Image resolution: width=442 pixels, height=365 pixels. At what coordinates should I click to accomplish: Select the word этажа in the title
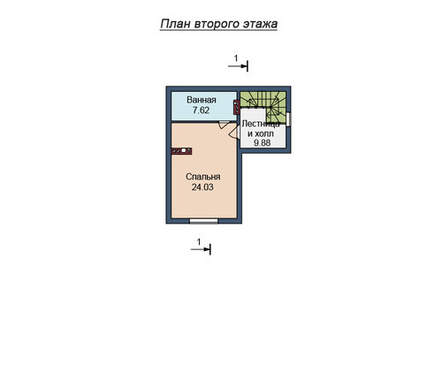260,24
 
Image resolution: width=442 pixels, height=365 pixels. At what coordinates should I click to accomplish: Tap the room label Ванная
202,100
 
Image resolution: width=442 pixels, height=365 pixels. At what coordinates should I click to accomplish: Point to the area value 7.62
201,110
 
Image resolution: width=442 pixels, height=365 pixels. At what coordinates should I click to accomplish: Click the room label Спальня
203,177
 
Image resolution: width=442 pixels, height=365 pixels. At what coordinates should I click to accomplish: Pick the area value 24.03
202,187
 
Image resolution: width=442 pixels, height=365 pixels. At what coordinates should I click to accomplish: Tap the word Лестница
261,124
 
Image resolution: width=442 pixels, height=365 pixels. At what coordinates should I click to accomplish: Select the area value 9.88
263,143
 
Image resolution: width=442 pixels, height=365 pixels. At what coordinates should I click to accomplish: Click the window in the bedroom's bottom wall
203,221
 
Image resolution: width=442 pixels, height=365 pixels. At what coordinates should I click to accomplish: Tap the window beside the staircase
288,119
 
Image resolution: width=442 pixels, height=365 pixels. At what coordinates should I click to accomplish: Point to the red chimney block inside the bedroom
182,151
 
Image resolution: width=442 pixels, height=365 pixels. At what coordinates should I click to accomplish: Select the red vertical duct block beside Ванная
237,107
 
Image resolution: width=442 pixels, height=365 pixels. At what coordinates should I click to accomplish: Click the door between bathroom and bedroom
224,125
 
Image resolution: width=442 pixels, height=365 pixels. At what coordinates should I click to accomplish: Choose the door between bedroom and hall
234,131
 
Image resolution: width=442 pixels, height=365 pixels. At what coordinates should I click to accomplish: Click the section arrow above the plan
238,66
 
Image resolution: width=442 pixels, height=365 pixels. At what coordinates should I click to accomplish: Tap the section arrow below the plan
201,249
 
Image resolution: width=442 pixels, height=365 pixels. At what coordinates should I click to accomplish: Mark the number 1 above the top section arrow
236,58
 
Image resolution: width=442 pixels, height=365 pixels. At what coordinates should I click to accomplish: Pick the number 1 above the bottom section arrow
199,242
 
